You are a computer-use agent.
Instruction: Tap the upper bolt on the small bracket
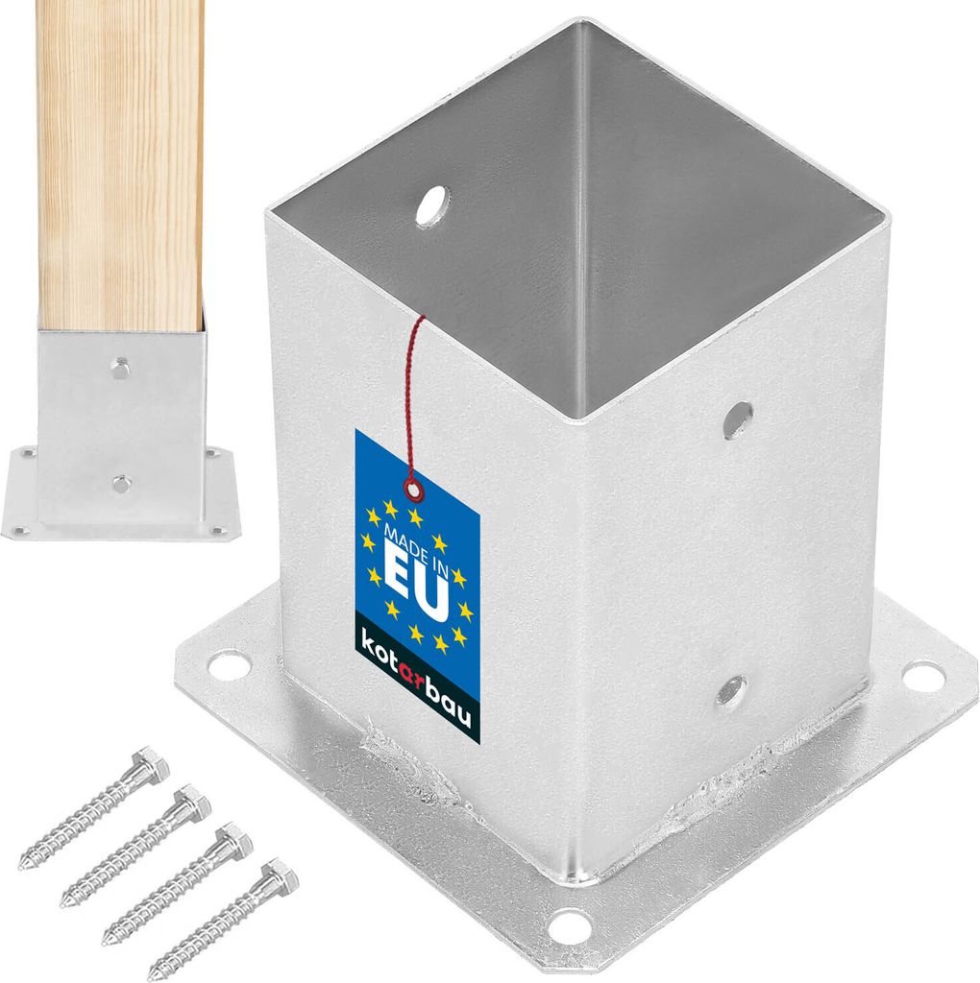120,368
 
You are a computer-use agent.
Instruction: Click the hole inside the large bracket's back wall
433,206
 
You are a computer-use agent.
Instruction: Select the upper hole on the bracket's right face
738,420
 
